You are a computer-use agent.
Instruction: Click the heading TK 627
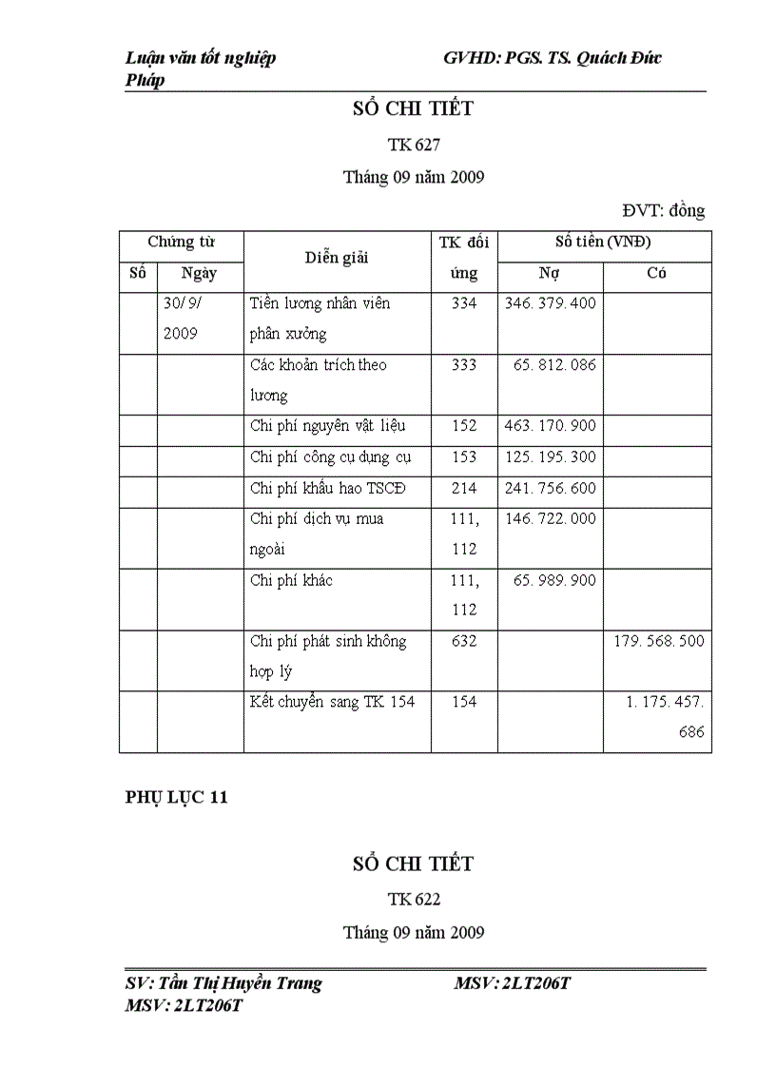414,145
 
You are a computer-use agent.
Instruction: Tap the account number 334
463,303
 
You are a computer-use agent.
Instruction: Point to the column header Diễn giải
337,258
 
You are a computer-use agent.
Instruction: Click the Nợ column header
550,274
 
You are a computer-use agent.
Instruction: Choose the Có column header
656,274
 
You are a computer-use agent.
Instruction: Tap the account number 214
463,488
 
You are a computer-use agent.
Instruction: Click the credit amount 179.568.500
659,641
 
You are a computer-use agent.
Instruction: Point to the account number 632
463,641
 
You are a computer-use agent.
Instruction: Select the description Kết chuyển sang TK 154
332,702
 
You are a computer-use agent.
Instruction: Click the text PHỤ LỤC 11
177,798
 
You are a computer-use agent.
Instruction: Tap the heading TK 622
414,899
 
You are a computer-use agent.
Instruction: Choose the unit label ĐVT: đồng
663,211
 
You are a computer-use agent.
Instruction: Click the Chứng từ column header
181,243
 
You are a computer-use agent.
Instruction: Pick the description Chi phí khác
291,580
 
